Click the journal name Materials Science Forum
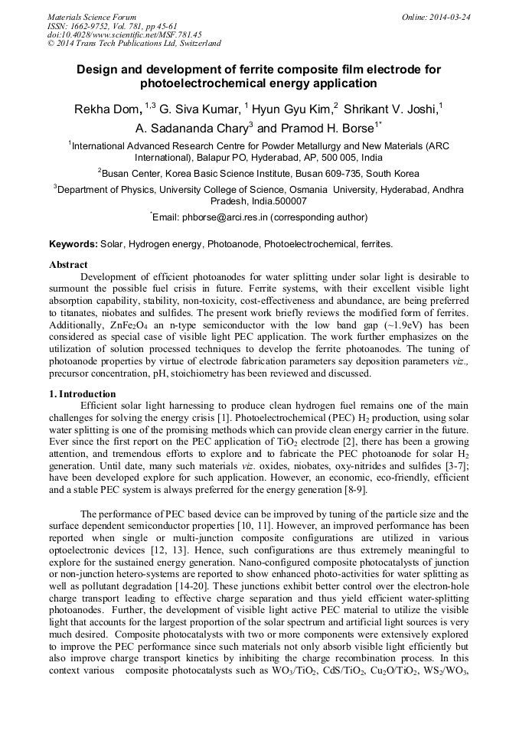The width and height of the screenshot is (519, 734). click(92, 17)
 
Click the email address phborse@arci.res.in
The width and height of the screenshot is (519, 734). click(224, 217)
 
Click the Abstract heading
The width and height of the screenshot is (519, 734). click(68, 265)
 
